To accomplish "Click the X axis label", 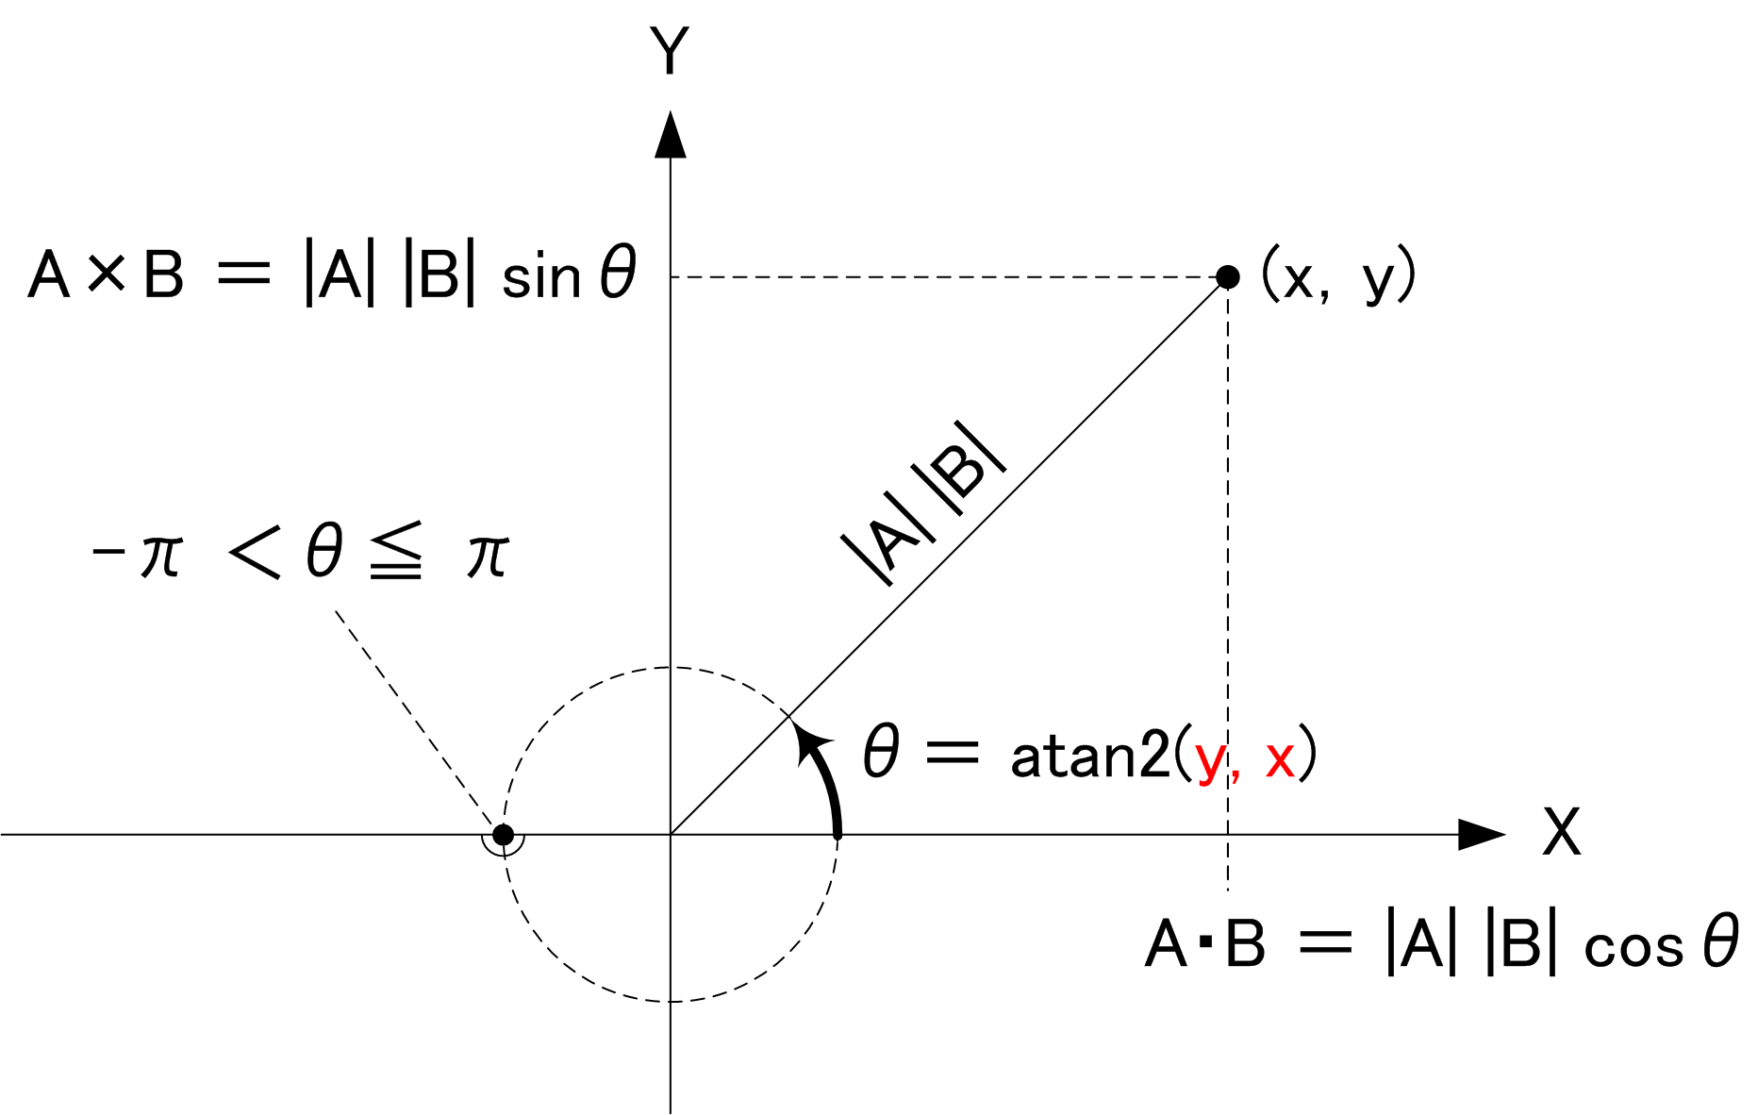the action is pos(1561,831).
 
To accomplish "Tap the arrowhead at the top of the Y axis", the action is pos(671,134).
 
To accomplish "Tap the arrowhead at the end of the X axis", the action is pos(1482,834).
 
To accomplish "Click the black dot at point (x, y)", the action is pos(1227,276).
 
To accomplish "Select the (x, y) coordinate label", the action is pos(1338,275).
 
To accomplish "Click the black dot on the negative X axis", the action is pos(504,835).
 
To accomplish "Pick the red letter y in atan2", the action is pos(1210,760).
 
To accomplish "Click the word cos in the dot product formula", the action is pos(1634,948).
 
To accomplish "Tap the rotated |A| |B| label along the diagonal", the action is pos(923,502).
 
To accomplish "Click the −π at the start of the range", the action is pos(136,555).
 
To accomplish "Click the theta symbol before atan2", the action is pos(881,751).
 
